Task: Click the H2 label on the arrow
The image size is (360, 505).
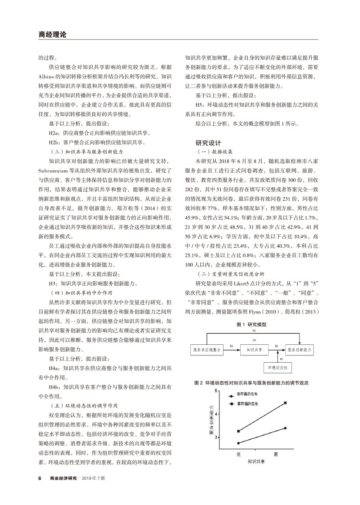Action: tap(231, 346)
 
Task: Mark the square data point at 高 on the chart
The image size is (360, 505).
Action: tap(285, 403)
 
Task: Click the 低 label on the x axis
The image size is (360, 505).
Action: tap(239, 454)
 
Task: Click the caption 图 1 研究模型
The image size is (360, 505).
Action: tap(251, 324)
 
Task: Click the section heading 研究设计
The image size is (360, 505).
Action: tap(209, 142)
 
